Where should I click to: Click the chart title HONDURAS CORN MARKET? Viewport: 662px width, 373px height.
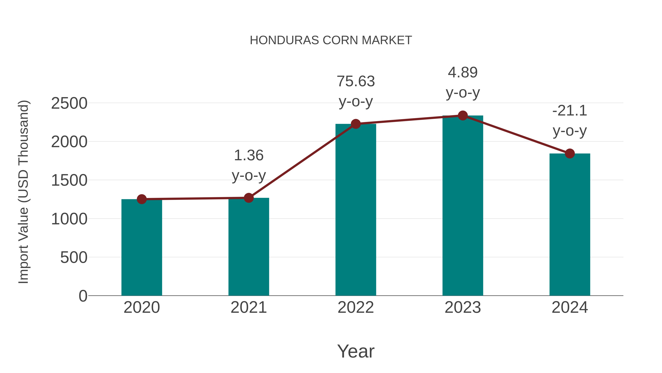tap(331, 40)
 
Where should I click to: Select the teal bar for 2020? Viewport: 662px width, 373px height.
tap(142, 247)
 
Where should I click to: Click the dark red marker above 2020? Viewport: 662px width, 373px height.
tap(142, 199)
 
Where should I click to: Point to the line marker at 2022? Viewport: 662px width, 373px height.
tap(356, 124)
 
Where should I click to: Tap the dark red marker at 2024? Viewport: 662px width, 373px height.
tap(570, 153)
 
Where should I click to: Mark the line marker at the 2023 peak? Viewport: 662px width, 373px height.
tap(463, 115)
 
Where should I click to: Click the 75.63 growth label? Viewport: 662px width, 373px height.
tap(356, 81)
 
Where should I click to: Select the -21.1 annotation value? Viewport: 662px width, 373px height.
tap(570, 111)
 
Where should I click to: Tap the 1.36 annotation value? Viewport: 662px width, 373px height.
tap(248, 155)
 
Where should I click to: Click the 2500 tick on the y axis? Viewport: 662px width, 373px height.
tap(69, 104)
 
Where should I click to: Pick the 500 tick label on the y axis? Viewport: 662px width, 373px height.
tap(74, 258)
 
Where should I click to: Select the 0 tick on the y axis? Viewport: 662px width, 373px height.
tap(83, 296)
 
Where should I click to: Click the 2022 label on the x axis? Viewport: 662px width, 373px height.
tap(356, 307)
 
